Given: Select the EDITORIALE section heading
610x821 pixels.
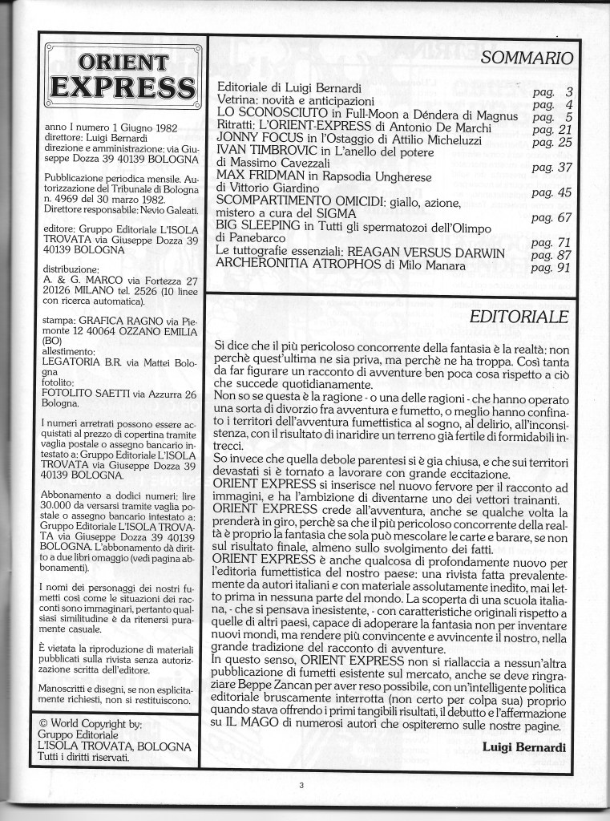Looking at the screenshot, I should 519,317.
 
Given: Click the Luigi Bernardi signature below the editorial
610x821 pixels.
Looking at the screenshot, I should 526,746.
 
